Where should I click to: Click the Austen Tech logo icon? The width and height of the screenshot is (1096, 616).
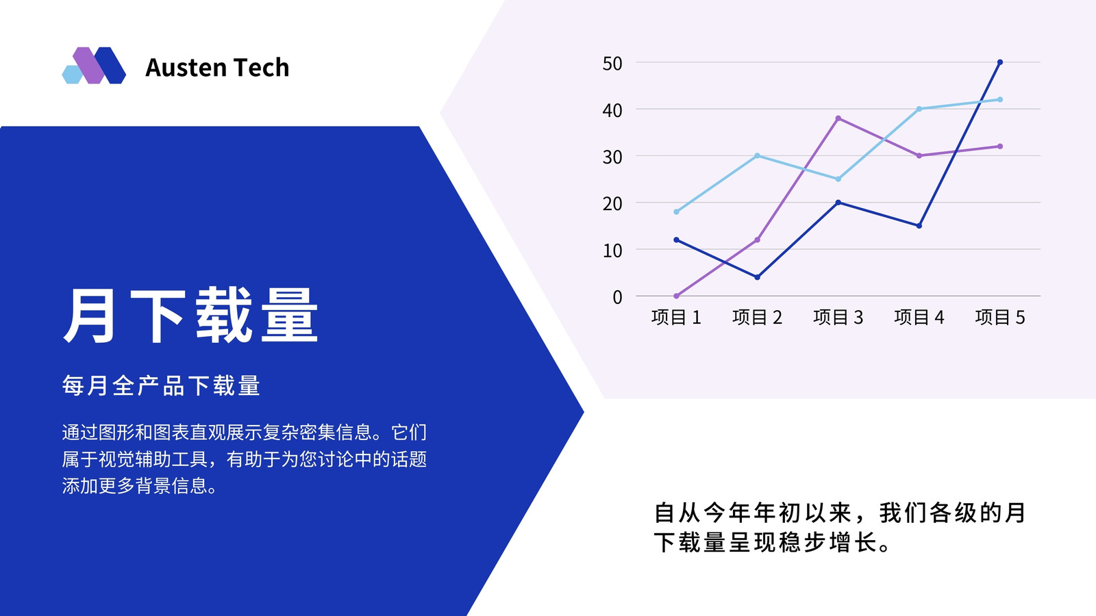[94, 66]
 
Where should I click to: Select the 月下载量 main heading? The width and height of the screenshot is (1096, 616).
[191, 316]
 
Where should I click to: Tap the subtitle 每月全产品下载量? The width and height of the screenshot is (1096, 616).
[161, 386]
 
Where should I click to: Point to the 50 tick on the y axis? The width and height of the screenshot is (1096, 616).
[612, 64]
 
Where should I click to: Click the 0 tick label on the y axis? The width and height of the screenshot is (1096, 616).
[617, 297]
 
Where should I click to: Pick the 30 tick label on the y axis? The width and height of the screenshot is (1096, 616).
[612, 157]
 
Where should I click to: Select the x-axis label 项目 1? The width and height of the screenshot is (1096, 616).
[676, 318]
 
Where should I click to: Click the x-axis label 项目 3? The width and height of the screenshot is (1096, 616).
[838, 318]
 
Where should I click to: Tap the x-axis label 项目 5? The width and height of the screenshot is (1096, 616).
[999, 318]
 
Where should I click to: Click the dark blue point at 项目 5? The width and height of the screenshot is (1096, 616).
[999, 62]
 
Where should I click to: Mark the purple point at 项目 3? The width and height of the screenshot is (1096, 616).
[838, 118]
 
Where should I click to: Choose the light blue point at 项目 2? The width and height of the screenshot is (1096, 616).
[757, 156]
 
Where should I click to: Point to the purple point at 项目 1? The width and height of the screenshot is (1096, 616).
[676, 296]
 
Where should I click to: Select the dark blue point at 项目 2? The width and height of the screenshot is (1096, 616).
[757, 277]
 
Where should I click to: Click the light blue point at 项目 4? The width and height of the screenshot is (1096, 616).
[919, 109]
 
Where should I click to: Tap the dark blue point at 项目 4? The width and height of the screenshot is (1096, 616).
[919, 226]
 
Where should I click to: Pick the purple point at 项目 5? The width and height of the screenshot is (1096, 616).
[999, 146]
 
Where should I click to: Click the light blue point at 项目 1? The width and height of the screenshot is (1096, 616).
[676, 211]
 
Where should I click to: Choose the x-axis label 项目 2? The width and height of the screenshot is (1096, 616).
[757, 318]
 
